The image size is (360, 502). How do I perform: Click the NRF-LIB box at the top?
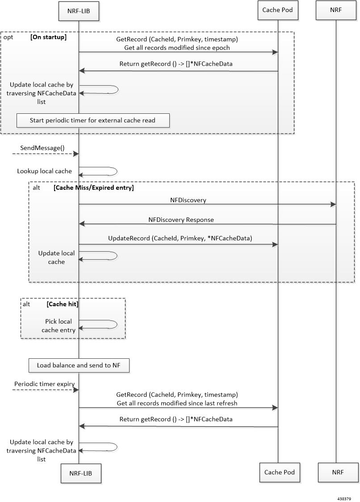(x=79, y=11)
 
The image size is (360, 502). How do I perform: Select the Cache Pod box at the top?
(x=278, y=10)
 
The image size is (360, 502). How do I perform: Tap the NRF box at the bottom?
(x=338, y=472)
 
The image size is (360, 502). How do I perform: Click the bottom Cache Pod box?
(x=280, y=472)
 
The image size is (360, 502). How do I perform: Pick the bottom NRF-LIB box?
(x=81, y=473)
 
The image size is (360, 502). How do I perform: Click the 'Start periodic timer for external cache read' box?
(x=93, y=120)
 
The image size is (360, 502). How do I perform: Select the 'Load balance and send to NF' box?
(x=79, y=365)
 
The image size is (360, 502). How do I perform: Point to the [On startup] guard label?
(x=48, y=37)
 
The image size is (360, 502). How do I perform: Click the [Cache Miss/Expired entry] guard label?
(x=94, y=187)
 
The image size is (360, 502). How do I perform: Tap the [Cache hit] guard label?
(x=63, y=304)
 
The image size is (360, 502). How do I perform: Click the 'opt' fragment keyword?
(x=8, y=37)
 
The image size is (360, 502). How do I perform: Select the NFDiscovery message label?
(x=188, y=200)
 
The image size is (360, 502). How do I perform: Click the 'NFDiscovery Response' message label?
(x=181, y=220)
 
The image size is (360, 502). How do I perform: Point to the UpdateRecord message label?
(x=180, y=238)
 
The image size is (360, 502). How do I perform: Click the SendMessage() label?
(x=42, y=148)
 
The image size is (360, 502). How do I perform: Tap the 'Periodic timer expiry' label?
(x=45, y=384)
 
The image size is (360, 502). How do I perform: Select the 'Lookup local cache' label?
(x=44, y=171)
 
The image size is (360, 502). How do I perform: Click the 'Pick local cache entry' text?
(x=59, y=326)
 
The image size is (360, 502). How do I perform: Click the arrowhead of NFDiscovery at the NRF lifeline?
(x=333, y=204)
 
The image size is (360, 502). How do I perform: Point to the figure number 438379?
(x=344, y=498)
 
